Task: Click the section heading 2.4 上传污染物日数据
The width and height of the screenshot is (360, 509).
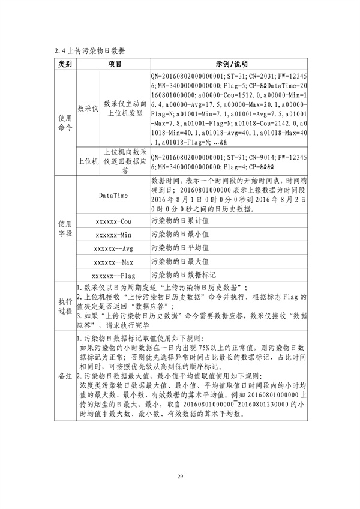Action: point(89,50)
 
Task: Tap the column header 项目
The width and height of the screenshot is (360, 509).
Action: point(113,64)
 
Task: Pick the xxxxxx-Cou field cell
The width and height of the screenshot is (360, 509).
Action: point(113,222)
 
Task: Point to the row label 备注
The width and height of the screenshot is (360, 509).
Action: point(65,391)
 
